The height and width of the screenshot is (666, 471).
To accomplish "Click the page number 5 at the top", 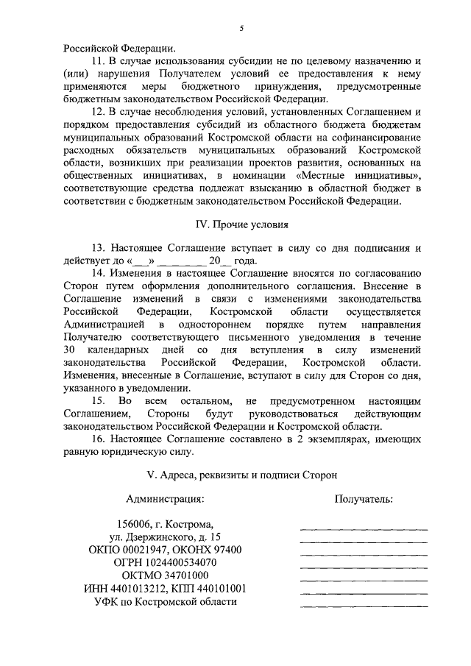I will coord(241,29).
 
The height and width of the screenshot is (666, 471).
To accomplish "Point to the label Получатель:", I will coord(364,499).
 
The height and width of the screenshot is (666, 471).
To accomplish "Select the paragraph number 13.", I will coord(96,249).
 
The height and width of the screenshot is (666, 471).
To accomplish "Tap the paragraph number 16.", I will coord(96,438).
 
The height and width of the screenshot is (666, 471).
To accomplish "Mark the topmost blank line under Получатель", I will coord(364,528).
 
